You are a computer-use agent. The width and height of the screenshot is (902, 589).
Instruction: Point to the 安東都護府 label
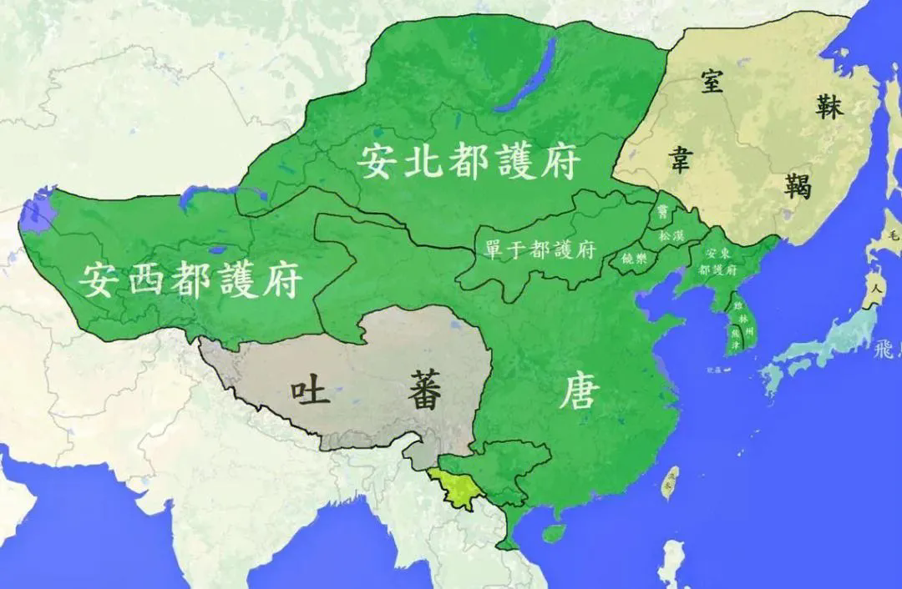pyautogui.click(x=720, y=262)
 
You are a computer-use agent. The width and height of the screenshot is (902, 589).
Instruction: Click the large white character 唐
pyautogui.click(x=579, y=390)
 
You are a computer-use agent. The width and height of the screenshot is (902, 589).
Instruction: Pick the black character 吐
pyautogui.click(x=310, y=391)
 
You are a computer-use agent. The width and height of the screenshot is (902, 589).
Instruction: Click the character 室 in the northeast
pyautogui.click(x=712, y=82)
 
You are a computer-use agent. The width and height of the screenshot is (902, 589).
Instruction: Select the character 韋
pyautogui.click(x=677, y=158)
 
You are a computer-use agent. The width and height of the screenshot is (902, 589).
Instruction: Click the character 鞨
pyautogui.click(x=798, y=184)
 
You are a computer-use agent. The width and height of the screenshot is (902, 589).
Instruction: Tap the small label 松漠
pyautogui.click(x=671, y=236)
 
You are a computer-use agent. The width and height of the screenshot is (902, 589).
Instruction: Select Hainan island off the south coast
pyautogui.click(x=552, y=531)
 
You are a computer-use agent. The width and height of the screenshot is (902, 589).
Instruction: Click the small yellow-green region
pyautogui.click(x=455, y=487)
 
